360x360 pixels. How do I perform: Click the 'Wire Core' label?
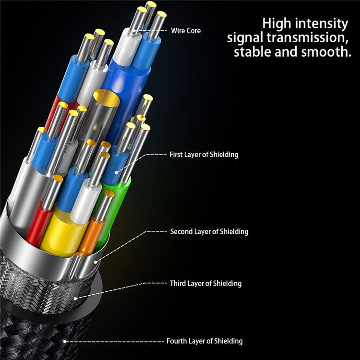point(186,31)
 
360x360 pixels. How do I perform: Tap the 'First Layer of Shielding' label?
point(204,155)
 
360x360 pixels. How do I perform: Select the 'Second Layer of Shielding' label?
point(209,231)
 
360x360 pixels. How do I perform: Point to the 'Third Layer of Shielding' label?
point(205,283)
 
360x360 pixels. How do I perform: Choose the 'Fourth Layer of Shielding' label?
point(204,341)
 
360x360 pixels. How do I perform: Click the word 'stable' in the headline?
point(253,51)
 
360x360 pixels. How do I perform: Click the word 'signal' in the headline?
point(246,37)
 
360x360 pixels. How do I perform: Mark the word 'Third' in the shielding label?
point(178,283)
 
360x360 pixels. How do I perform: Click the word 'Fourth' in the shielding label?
point(177,341)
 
